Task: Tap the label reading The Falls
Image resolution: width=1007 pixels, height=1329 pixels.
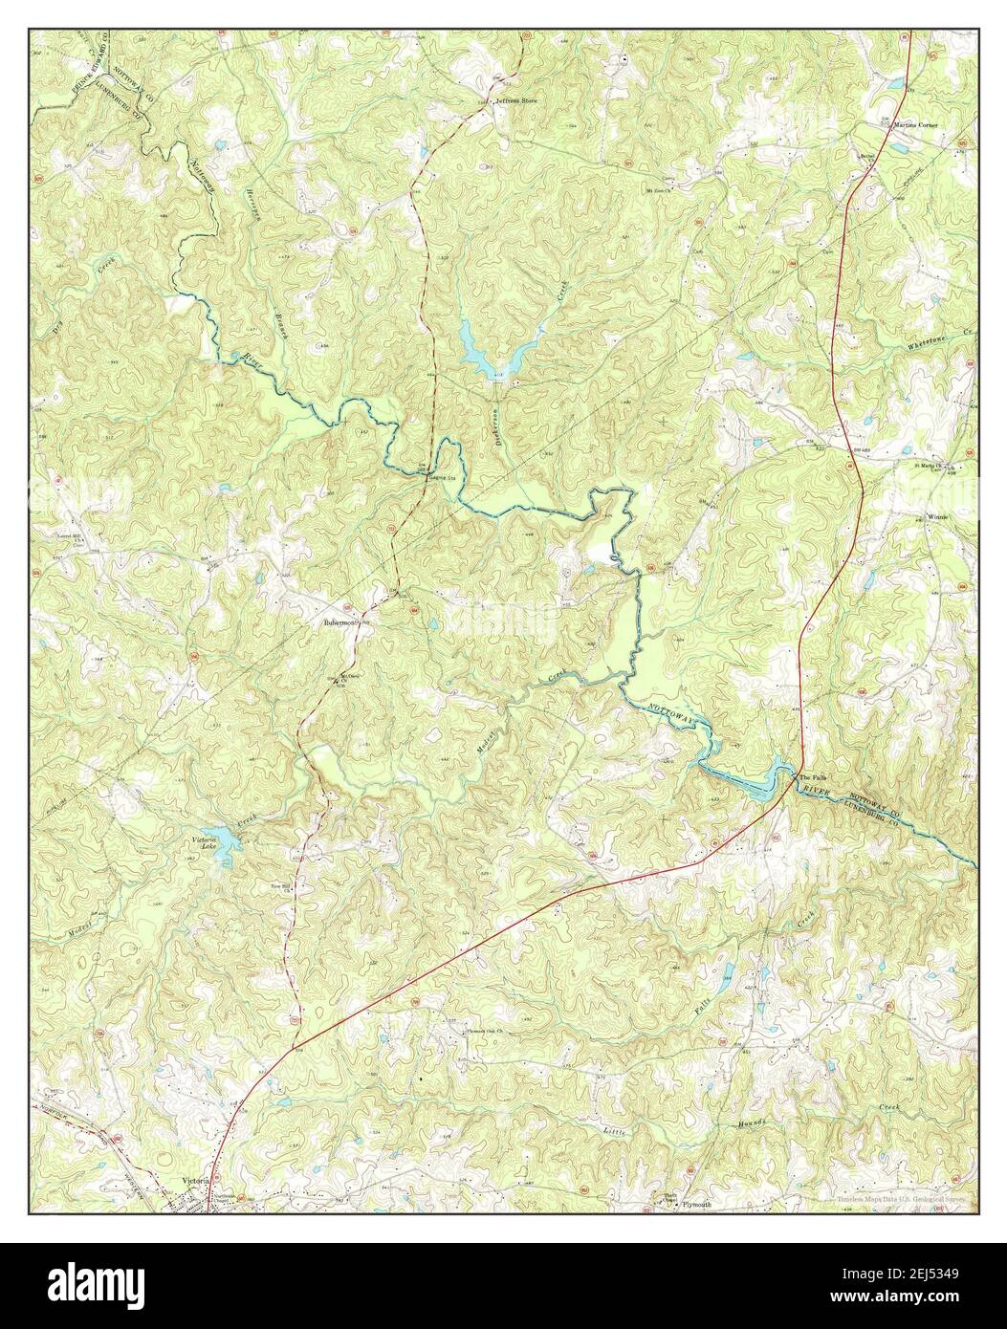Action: [812, 777]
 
